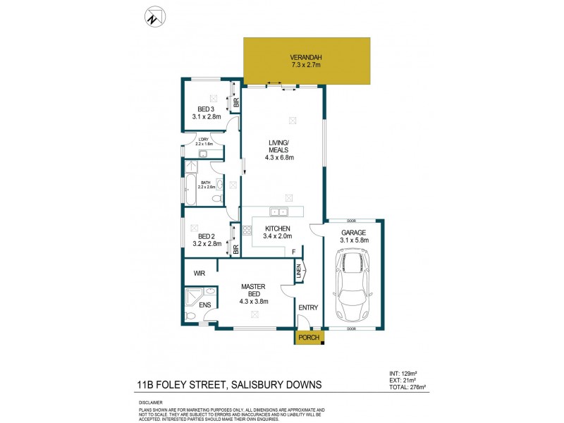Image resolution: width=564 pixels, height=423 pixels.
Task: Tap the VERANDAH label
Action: tap(305, 57)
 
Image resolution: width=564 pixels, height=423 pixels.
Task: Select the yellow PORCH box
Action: tap(309, 338)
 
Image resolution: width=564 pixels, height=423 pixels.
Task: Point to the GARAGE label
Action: tap(354, 232)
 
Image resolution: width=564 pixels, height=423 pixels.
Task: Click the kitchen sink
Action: tap(278, 211)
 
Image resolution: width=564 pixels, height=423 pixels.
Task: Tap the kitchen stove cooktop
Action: tap(247, 230)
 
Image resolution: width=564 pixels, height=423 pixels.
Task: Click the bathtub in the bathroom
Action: tap(190, 187)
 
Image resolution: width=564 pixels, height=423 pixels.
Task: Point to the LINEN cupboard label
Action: tap(299, 271)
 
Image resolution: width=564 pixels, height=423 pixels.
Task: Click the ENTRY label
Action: tap(307, 307)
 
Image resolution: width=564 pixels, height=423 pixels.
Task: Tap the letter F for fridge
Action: tap(293, 252)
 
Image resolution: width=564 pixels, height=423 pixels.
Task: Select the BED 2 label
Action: tap(206, 236)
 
